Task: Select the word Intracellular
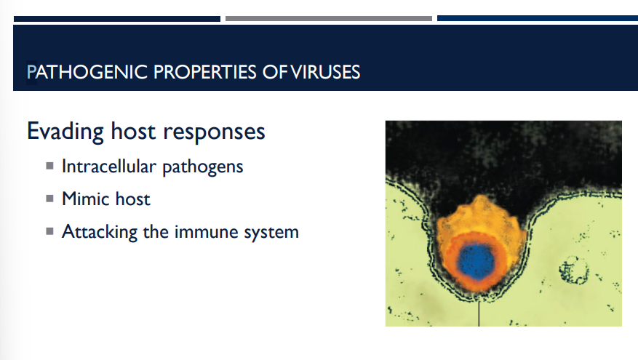click(x=108, y=167)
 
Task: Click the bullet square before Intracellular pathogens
click(x=49, y=166)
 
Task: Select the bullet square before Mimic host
click(x=49, y=198)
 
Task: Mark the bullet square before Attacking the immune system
click(x=49, y=231)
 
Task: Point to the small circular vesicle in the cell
click(x=574, y=271)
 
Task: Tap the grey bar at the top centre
click(x=328, y=18)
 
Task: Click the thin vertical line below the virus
click(x=479, y=313)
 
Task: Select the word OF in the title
click(x=276, y=72)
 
